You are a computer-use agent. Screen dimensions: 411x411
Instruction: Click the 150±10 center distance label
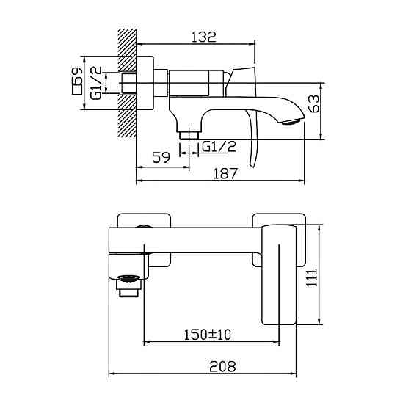pyautogui.click(x=207, y=334)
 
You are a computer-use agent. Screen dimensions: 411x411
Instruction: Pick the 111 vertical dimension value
pyautogui.click(x=312, y=277)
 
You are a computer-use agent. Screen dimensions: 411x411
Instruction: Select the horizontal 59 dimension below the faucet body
pyautogui.click(x=161, y=156)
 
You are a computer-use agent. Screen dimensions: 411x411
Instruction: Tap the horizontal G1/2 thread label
pyautogui.click(x=218, y=146)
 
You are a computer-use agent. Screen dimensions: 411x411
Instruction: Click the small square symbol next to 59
pyautogui.click(x=76, y=92)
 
